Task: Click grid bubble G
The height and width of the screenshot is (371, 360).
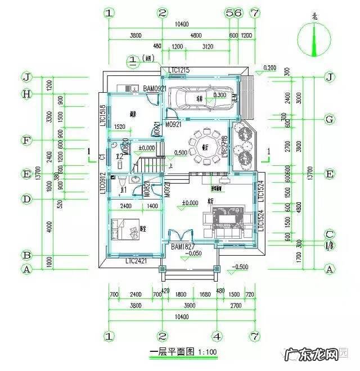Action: (x=330, y=119)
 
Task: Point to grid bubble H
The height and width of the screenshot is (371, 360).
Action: (x=26, y=94)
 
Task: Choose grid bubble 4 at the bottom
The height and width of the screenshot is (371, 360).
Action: (x=217, y=336)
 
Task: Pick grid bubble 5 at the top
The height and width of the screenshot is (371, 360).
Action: (x=229, y=12)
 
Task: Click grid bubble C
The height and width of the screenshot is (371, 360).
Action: (x=330, y=234)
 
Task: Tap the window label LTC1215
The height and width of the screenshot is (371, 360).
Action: (x=179, y=70)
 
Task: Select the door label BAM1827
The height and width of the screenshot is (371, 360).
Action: (x=182, y=246)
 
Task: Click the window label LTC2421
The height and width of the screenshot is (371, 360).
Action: (x=137, y=261)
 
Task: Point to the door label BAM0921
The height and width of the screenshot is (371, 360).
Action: (x=155, y=88)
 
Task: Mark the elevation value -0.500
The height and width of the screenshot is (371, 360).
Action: (x=242, y=266)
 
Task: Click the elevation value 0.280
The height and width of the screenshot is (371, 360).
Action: (x=270, y=68)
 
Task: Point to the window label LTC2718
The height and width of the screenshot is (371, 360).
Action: (x=225, y=146)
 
